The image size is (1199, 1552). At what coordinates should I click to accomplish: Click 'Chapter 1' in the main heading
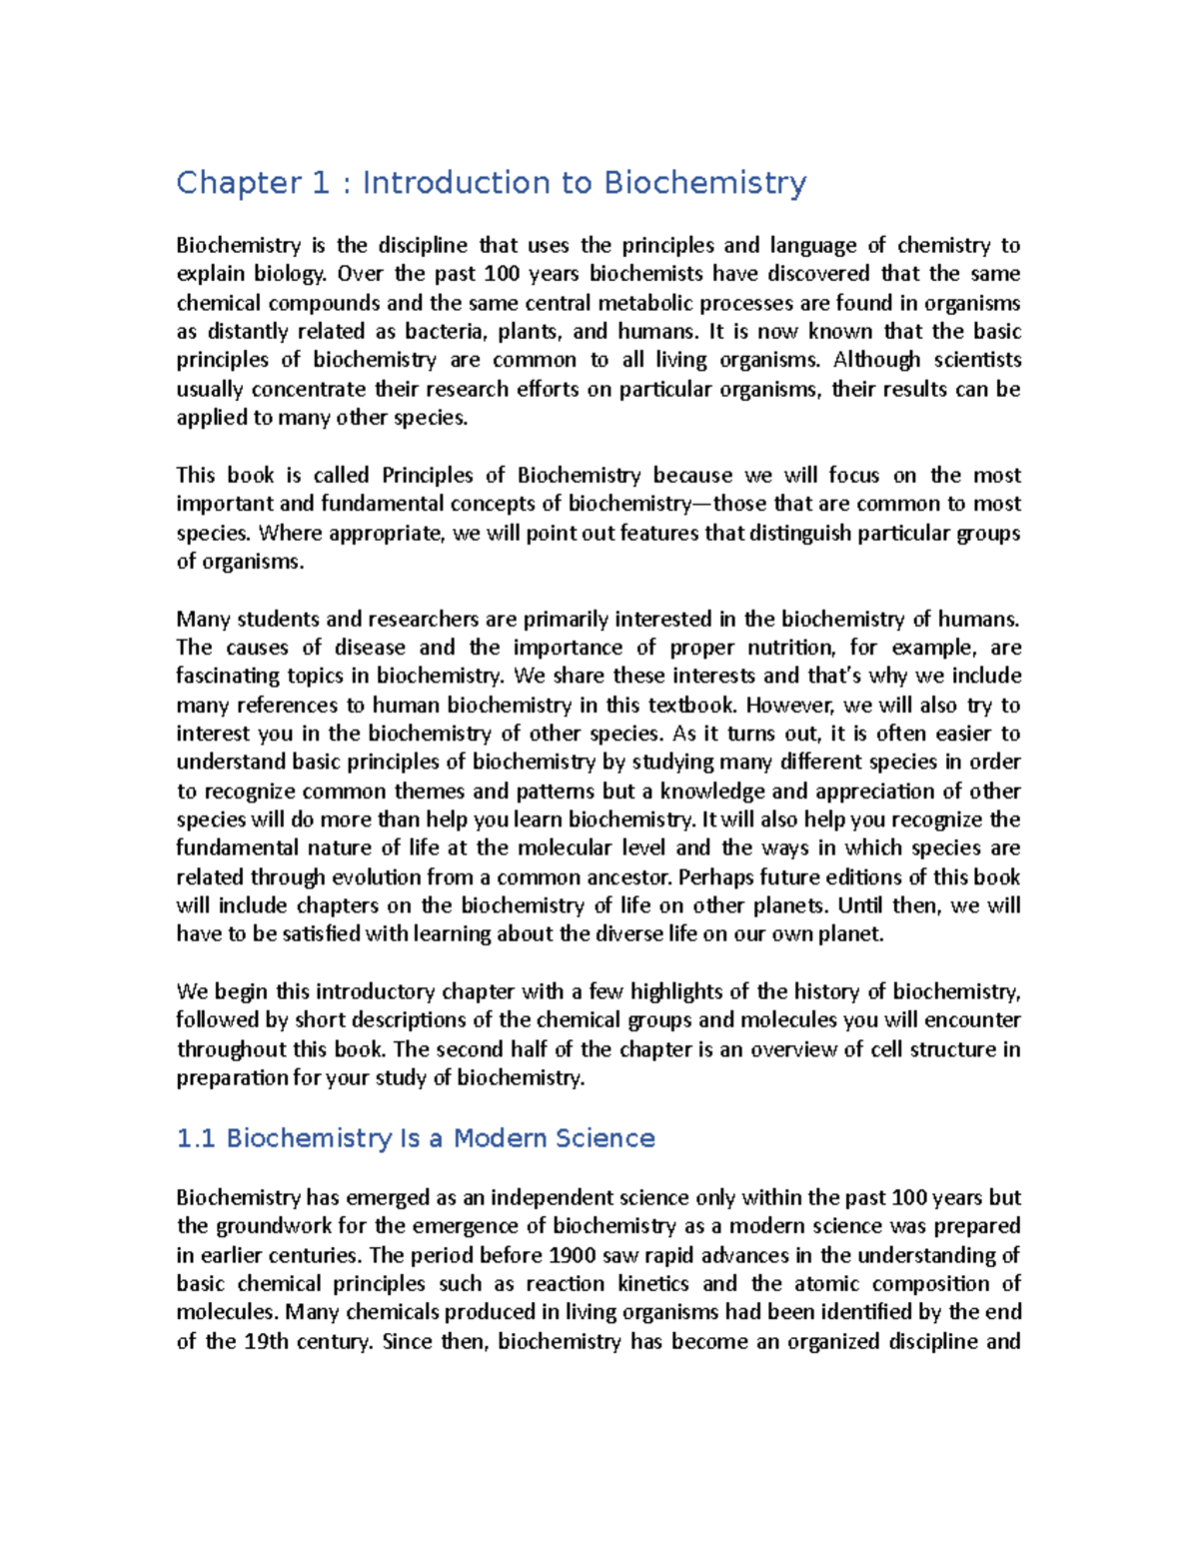pyautogui.click(x=252, y=183)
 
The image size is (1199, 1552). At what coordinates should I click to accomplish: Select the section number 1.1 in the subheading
pyautogui.click(x=196, y=1138)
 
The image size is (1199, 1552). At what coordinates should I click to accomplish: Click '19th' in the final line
pyautogui.click(x=267, y=1341)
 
